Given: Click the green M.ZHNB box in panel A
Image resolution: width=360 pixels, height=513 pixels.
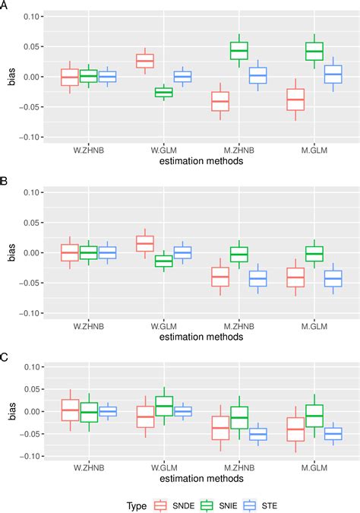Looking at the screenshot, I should [239, 50].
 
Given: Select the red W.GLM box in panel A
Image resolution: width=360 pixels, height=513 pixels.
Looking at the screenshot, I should [166, 61].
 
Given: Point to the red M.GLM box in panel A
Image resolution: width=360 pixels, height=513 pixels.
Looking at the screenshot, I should [295, 100].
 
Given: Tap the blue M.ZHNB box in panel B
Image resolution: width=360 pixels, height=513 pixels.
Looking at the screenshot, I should [258, 278].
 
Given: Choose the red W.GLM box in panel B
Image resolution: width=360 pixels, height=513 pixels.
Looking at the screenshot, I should [166, 243].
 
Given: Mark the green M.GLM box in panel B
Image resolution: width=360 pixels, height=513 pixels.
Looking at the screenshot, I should [314, 253].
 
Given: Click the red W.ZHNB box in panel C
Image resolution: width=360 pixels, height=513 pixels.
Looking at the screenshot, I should [70, 410].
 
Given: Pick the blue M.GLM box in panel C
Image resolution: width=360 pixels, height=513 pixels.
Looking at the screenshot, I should [333, 434].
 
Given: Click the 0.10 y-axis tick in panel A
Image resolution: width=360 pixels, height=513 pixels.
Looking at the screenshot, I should [30, 16].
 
